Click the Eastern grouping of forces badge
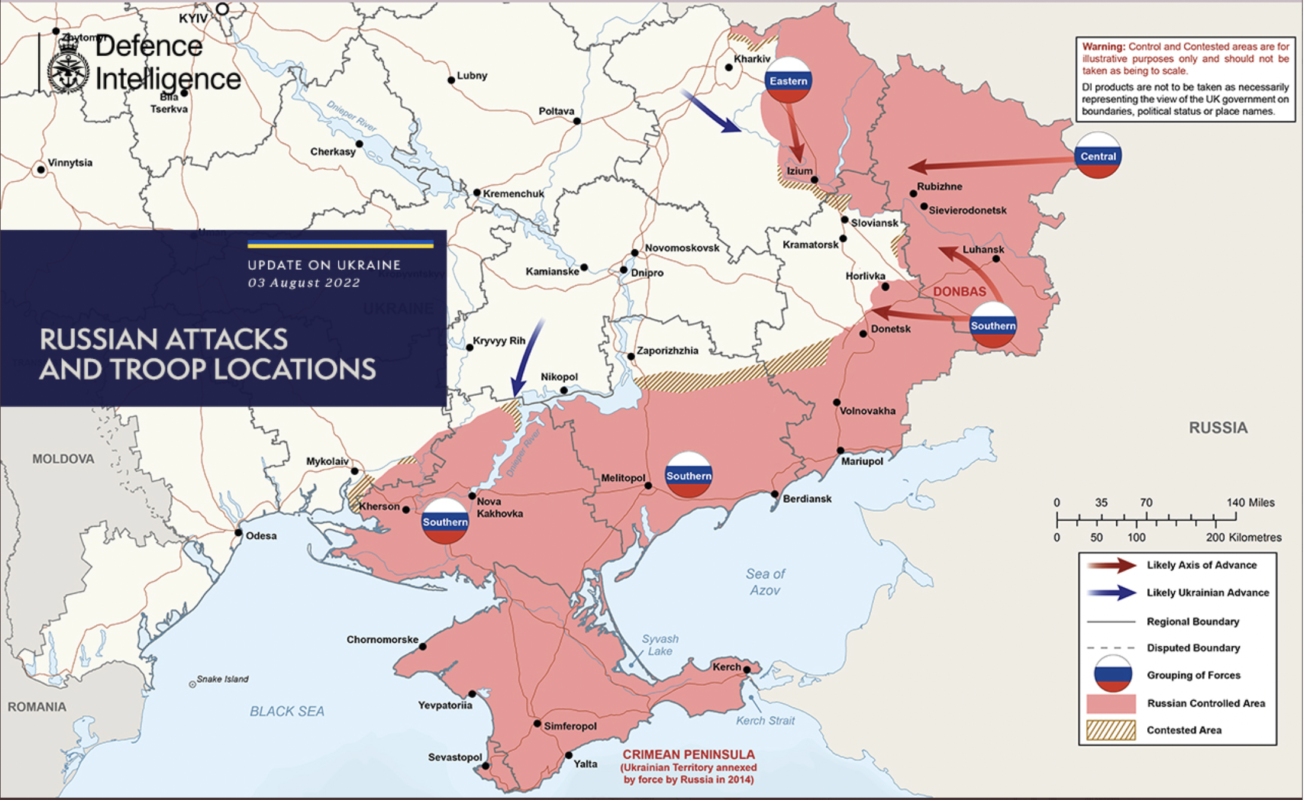pyautogui.click(x=788, y=80)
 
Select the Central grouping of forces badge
pyautogui.click(x=1098, y=156)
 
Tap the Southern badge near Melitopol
pyautogui.click(x=688, y=475)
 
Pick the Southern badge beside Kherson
pyautogui.click(x=445, y=521)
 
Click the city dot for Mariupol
pyautogui.click(x=840, y=450)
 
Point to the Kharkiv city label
pyautogui.click(x=752, y=59)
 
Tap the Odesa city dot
pyautogui.click(x=238, y=532)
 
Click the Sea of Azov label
pyautogui.click(x=765, y=582)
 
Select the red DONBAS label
pyautogui.click(x=960, y=292)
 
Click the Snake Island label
pyautogui.click(x=222, y=679)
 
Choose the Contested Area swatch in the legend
pyautogui.click(x=1111, y=730)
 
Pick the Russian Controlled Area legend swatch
pyautogui.click(x=1111, y=704)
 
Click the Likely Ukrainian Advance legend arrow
pyautogui.click(x=1111, y=593)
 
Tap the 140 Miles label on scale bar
pyautogui.click(x=1250, y=503)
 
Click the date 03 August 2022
pyautogui.click(x=304, y=283)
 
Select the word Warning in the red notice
pyautogui.click(x=1103, y=47)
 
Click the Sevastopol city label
pyautogui.click(x=455, y=757)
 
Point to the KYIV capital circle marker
pyautogui.click(x=222, y=9)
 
